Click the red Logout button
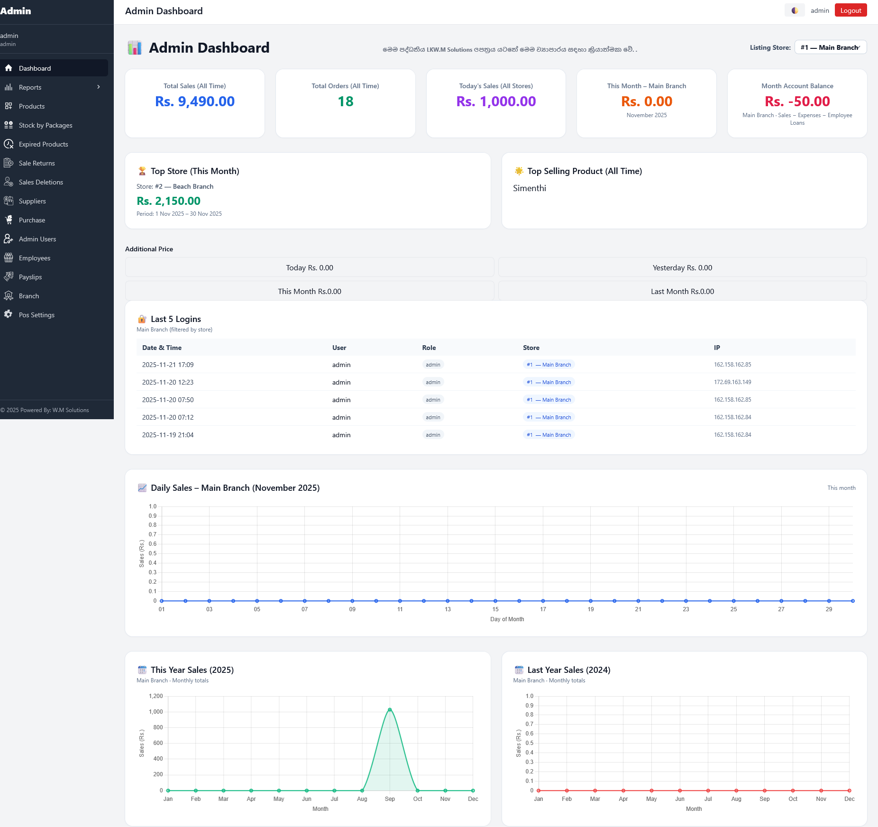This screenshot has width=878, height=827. coord(851,10)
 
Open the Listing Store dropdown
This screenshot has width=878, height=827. coord(830,47)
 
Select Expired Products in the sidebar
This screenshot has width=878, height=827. coord(43,144)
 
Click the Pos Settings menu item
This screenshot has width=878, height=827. coord(37,315)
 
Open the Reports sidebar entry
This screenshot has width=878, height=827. coord(30,87)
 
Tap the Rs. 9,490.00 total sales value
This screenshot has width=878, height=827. coord(194,101)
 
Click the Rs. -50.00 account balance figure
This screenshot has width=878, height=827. coord(797,101)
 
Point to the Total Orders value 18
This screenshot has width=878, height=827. coord(345,101)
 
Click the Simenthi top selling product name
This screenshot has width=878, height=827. coord(530,188)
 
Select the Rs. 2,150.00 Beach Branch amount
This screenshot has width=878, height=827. coord(168,201)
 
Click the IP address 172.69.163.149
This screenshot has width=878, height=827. coord(732,382)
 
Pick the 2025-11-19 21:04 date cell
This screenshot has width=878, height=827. coord(168,435)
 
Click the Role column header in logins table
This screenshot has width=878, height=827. coord(429,348)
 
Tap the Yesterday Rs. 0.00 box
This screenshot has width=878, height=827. coord(682,267)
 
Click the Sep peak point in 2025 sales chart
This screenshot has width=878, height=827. coord(390,709)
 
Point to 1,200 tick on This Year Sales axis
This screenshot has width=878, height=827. coord(155,696)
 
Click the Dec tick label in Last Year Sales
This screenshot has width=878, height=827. coord(849,799)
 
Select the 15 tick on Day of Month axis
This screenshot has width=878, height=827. coord(495,609)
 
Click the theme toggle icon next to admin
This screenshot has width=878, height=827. coord(795,10)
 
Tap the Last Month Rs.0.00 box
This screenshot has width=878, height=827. coord(682,291)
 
